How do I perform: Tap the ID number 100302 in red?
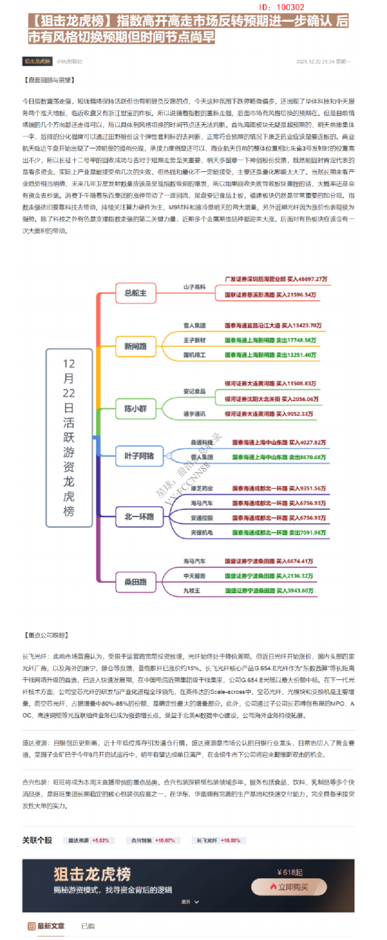[284, 7]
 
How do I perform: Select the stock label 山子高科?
[194, 286]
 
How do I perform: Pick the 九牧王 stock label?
[192, 590]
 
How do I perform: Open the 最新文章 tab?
[51, 925]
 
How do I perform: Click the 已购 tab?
[88, 925]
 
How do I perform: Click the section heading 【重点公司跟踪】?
[47, 635]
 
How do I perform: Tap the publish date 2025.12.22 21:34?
[316, 61]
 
